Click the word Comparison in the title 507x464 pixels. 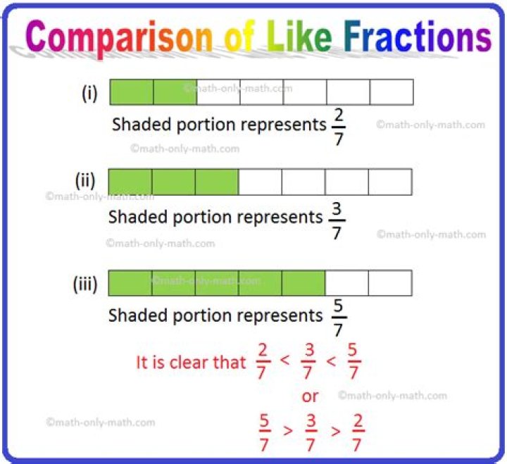[119, 38]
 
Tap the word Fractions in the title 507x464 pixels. [418, 36]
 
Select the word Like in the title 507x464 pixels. [299, 36]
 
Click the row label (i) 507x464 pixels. [89, 94]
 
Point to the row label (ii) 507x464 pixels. [85, 180]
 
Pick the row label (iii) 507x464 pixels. [85, 284]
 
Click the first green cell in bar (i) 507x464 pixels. [132, 92]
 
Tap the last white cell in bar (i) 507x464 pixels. [392, 92]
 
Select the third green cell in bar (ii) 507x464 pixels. [217, 182]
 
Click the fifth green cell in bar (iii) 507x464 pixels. [303, 283]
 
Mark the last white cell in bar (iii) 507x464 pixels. [390, 283]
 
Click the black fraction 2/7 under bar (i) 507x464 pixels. [339, 127]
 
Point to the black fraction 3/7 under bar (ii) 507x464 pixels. [337, 221]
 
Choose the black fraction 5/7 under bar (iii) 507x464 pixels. [338, 318]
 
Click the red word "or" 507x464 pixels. [310, 396]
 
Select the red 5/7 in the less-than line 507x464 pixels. [353, 361]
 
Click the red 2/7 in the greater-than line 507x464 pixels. [358, 432]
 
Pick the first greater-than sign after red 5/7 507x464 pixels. [288, 431]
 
